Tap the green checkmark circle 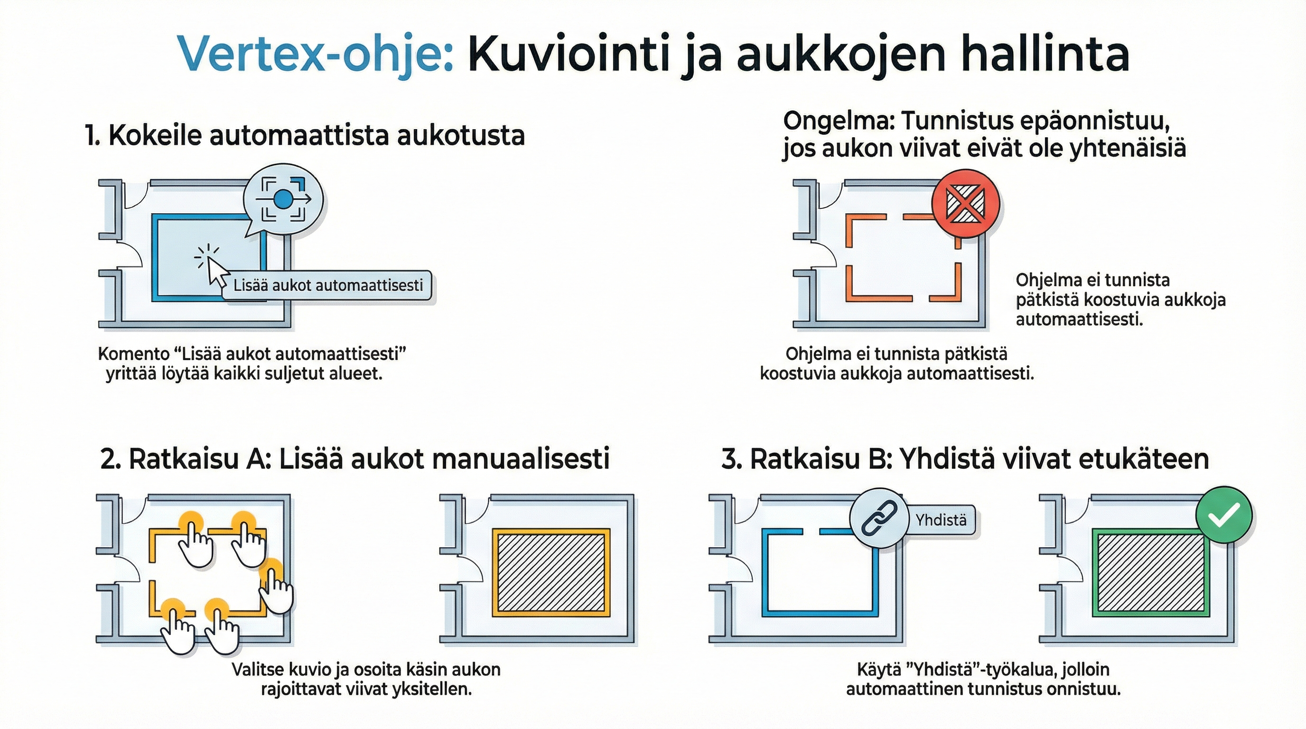click(x=1224, y=515)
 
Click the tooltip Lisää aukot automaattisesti click(x=328, y=285)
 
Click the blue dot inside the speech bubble click(x=283, y=199)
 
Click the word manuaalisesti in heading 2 click(x=522, y=459)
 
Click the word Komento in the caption click(x=133, y=354)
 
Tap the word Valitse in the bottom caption click(x=258, y=669)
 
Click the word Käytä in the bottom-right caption click(x=877, y=669)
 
